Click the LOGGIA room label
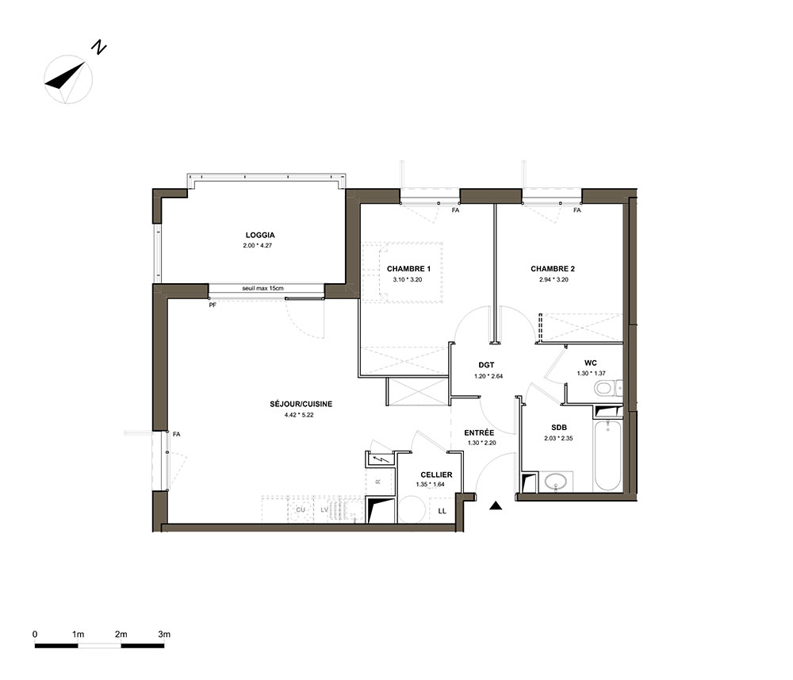click(260, 236)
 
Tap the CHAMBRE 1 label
click(408, 269)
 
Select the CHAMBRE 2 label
click(553, 269)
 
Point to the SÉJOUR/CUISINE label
click(301, 404)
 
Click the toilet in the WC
click(608, 389)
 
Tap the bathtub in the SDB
click(607, 455)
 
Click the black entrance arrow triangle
click(496, 505)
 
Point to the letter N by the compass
click(99, 48)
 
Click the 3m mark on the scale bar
click(164, 635)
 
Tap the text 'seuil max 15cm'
click(263, 288)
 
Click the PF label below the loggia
click(213, 305)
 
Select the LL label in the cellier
click(442, 511)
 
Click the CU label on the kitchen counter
click(301, 509)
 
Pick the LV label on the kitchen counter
click(324, 509)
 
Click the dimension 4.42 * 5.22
click(300, 415)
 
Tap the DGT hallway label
click(486, 365)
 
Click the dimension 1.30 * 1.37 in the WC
click(592, 374)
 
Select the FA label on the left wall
click(177, 434)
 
